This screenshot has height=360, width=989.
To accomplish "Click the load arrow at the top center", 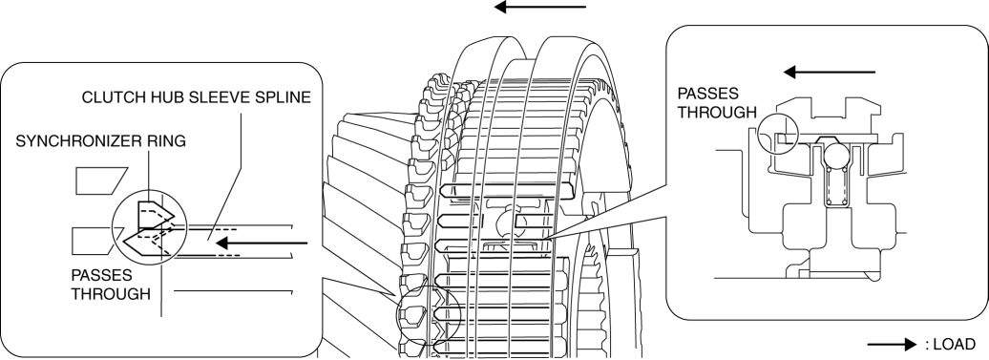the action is tap(540, 7).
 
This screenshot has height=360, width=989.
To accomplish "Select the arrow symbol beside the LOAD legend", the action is tap(892, 344).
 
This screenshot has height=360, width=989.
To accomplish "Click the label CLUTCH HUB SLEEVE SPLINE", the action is tap(196, 97).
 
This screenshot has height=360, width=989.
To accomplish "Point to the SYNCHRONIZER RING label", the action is tap(101, 141).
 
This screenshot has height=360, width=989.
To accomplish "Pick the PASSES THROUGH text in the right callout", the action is tap(717, 103).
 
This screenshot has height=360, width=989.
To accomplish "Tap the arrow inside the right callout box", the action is tap(830, 73).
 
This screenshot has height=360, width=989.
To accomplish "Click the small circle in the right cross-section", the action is tap(778, 133).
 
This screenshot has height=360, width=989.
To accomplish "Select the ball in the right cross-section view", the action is tap(835, 154).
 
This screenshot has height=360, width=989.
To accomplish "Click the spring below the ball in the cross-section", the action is tap(835, 186).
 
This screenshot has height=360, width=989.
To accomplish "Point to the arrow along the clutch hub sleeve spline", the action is tap(262, 243).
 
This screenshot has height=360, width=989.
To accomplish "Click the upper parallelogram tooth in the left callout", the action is tap(101, 180).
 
